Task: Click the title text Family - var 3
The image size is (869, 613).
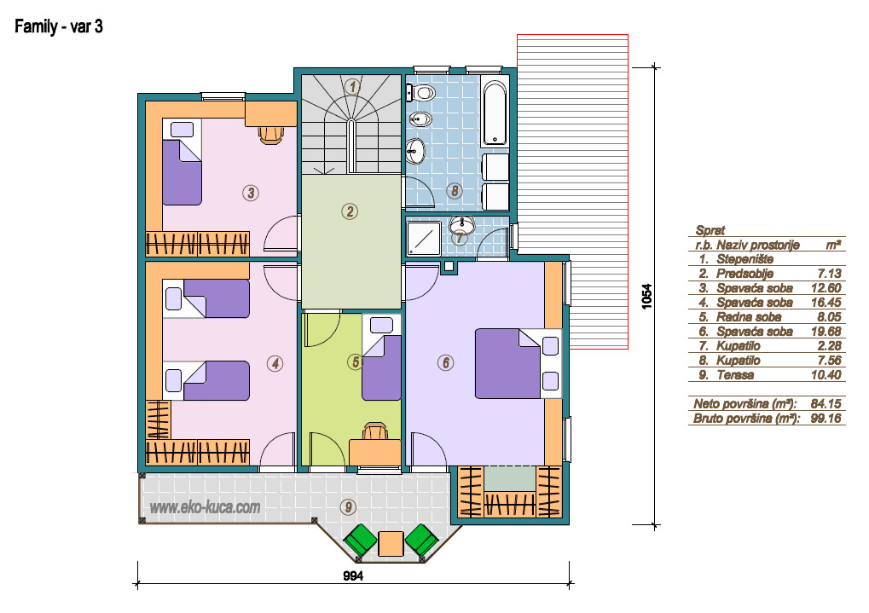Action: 59,26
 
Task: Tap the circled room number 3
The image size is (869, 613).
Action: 251,193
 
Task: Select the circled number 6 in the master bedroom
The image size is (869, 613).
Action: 445,363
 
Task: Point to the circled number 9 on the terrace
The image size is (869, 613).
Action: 348,506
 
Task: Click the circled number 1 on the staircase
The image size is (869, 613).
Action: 352,86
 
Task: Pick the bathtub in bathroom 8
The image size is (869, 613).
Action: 495,113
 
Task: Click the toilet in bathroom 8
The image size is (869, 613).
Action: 420,93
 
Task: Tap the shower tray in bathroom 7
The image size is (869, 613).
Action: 424,239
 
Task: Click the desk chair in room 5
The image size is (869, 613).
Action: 375,431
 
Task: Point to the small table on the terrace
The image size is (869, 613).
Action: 391,543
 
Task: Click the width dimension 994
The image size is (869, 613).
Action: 353,575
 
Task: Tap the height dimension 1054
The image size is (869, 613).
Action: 646,297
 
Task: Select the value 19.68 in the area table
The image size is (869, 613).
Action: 826,332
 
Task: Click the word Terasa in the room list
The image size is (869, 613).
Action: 735,374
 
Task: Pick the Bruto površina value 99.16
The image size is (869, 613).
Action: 826,418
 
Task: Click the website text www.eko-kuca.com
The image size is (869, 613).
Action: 205,507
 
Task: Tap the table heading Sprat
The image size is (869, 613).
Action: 710,230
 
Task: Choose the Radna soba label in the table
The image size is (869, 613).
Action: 749,317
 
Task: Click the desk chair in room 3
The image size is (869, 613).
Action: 271,135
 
